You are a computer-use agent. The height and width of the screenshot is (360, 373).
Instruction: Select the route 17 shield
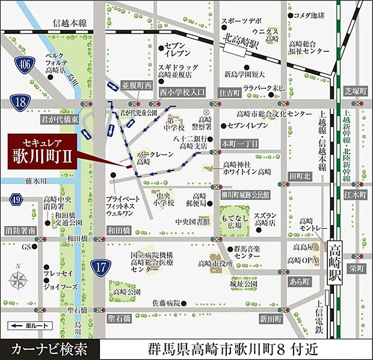click(100, 264)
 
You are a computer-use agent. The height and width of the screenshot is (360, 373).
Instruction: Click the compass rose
click(19, 279)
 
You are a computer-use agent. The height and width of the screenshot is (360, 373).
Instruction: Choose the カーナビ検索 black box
click(48, 348)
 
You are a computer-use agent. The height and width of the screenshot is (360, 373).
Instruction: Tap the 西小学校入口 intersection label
click(183, 92)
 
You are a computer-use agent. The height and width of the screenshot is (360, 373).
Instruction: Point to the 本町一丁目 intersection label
click(239, 143)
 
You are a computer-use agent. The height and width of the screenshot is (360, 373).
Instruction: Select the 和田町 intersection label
click(118, 230)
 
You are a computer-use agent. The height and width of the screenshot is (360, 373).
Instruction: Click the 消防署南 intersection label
click(20, 231)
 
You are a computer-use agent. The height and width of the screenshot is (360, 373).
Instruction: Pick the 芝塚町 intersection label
click(355, 91)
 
